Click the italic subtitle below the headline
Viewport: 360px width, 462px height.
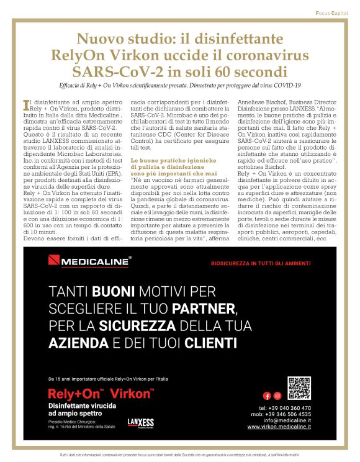(x=179, y=84)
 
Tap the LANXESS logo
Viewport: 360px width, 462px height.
(x=140, y=422)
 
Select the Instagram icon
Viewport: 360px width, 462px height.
(x=277, y=396)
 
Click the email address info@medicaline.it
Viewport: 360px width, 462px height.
(x=281, y=420)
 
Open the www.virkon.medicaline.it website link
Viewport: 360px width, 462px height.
(x=279, y=427)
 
